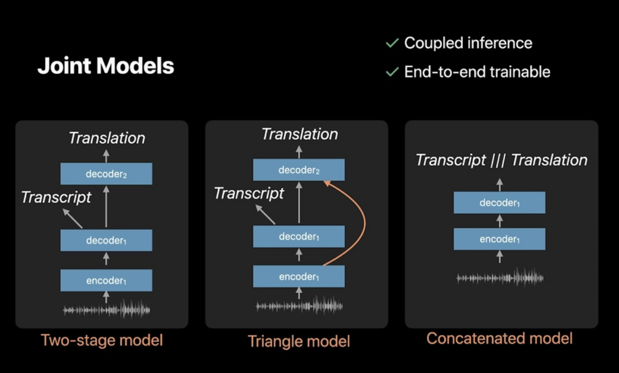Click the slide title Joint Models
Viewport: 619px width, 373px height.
coord(106,66)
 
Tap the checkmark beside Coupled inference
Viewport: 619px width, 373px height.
coord(392,43)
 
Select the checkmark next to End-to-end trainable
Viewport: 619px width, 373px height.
coord(392,72)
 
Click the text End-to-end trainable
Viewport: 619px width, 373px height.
coord(477,72)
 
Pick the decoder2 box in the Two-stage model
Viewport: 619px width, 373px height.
coord(106,174)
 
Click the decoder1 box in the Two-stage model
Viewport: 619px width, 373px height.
coord(106,240)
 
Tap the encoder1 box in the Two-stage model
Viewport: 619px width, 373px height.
coord(106,280)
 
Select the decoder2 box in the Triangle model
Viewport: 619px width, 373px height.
coord(299,170)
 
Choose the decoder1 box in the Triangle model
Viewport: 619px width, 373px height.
coord(299,237)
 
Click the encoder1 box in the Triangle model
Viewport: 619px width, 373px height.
coord(299,277)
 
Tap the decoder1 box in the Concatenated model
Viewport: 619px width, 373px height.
coord(499,203)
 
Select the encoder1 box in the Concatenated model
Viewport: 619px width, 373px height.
coord(499,239)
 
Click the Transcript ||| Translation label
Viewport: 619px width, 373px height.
coord(501,160)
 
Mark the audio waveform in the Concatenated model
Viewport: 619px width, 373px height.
coord(499,278)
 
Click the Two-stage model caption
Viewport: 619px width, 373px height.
coord(102,341)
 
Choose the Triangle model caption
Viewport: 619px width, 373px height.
coord(299,341)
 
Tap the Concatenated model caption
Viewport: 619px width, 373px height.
coord(499,339)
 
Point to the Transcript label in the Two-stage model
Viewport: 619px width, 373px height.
coord(57,197)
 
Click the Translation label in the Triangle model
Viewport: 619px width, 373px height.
coord(300,134)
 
